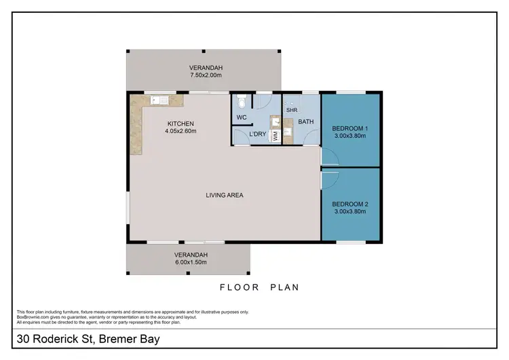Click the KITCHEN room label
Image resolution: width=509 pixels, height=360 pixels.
pyautogui.click(x=181, y=124)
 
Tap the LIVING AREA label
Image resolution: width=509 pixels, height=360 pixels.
pyautogui.click(x=225, y=195)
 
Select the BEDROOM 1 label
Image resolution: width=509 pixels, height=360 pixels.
pyautogui.click(x=350, y=128)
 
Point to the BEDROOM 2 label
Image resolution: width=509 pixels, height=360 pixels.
pyautogui.click(x=350, y=204)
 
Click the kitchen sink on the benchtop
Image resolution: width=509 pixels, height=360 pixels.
pyautogui.click(x=159, y=100)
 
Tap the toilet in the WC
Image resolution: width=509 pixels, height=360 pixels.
pyautogui.click(x=242, y=101)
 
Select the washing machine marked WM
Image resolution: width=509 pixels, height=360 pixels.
pyautogui.click(x=276, y=136)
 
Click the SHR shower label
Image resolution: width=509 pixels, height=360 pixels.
pyautogui.click(x=292, y=110)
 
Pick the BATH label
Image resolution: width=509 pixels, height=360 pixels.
pyautogui.click(x=306, y=122)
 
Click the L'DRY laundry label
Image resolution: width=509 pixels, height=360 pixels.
pyautogui.click(x=258, y=134)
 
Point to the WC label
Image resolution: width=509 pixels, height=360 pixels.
pyautogui.click(x=242, y=118)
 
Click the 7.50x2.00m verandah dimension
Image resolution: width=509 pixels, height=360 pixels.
pyautogui.click(x=206, y=75)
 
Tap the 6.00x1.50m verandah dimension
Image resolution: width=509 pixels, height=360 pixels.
pyautogui.click(x=191, y=262)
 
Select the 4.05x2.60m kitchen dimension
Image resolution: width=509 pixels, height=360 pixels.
pyautogui.click(x=181, y=131)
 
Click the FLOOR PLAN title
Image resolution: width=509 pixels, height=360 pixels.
pyautogui.click(x=259, y=287)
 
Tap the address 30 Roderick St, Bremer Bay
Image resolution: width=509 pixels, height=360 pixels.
pyautogui.click(x=88, y=339)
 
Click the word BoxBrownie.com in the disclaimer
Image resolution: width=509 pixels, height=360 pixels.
pyautogui.click(x=33, y=317)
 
